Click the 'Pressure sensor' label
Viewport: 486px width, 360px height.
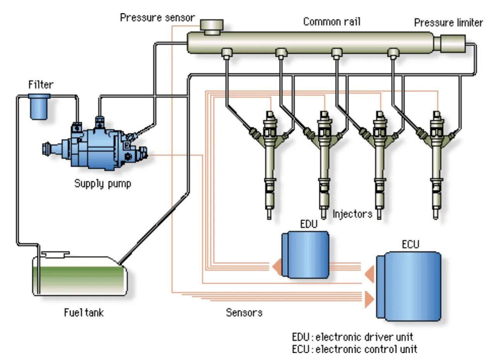pyautogui.click(x=157, y=18)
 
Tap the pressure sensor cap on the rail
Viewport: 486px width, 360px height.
pyautogui.click(x=212, y=26)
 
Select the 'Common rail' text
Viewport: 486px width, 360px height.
pyautogui.click(x=332, y=22)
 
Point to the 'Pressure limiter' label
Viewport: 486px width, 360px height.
pyautogui.click(x=448, y=23)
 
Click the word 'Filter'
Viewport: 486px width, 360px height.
pyautogui.click(x=41, y=84)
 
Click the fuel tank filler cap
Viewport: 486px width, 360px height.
pyautogui.click(x=55, y=254)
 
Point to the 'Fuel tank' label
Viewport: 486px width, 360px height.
pyautogui.click(x=84, y=312)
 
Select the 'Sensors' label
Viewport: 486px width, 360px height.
pyautogui.click(x=244, y=312)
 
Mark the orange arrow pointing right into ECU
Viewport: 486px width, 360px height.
pyautogui.click(x=369, y=298)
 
